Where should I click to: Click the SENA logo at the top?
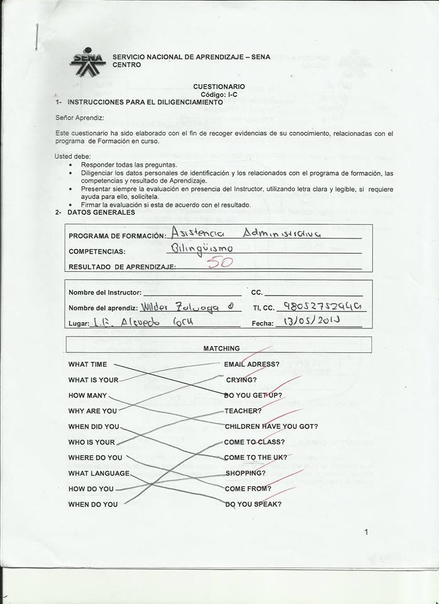click(x=87, y=60)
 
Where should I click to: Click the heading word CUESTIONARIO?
click(x=219, y=87)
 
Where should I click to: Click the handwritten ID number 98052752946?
click(x=323, y=306)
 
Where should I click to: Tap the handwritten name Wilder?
click(x=156, y=308)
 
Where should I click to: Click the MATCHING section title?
click(x=221, y=348)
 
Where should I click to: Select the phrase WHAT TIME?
click(x=87, y=364)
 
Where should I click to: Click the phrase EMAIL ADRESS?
click(x=252, y=364)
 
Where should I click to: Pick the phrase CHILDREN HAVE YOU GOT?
click(x=271, y=426)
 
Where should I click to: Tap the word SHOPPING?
click(x=245, y=473)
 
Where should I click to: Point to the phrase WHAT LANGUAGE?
click(x=99, y=473)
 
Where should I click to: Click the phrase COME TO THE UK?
click(x=255, y=457)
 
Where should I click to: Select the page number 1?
click(x=366, y=532)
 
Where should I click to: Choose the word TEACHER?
click(x=243, y=411)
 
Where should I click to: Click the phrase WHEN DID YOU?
click(x=94, y=427)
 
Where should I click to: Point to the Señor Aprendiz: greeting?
click(x=79, y=118)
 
